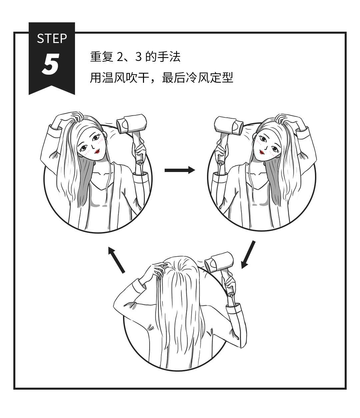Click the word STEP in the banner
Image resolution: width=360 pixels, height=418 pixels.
point(52,38)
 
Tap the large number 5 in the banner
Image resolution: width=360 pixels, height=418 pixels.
point(51,65)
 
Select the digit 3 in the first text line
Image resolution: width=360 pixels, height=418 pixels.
point(138,57)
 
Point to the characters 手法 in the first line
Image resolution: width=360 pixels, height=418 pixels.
point(169,57)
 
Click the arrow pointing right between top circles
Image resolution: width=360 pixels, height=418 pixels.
point(180,170)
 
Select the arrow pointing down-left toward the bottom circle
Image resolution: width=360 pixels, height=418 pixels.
point(248,255)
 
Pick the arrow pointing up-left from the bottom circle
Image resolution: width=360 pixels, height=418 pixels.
point(116,260)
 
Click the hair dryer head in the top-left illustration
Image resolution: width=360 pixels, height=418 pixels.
point(131,124)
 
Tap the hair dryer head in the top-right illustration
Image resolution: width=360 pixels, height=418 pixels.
point(229,125)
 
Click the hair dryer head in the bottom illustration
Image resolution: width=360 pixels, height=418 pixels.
point(219,262)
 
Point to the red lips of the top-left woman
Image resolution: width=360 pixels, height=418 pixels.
point(97,151)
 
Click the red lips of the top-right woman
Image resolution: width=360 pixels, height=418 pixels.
point(262,152)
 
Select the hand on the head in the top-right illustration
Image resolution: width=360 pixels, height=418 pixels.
point(284,119)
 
